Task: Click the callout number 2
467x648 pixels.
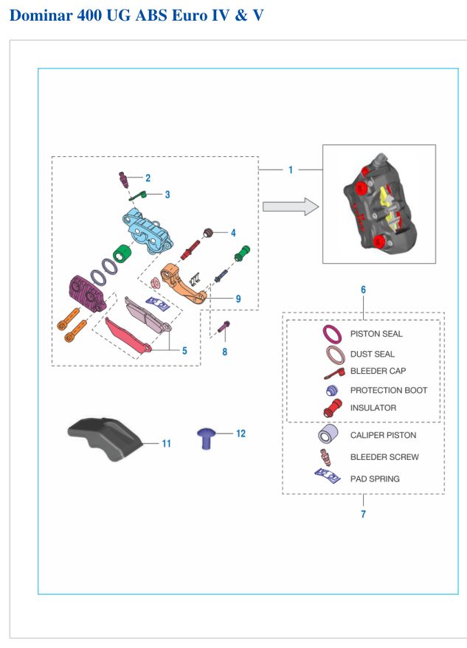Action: pos(148,178)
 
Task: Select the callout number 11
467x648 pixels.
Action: pos(166,444)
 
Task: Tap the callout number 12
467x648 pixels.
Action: pos(241,433)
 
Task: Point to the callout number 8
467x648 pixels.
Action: pos(224,352)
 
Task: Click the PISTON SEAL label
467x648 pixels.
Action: pos(376,334)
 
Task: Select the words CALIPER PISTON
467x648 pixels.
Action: pos(383,435)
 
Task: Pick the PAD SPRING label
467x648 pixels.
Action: pos(375,479)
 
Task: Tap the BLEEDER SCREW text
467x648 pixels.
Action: pos(384,457)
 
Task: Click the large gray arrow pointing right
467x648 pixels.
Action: pos(291,206)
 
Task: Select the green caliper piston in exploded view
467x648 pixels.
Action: pos(122,254)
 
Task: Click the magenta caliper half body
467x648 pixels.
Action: pos(86,293)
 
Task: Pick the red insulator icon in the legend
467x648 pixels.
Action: pos(333,408)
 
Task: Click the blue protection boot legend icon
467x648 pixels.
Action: pos(332,390)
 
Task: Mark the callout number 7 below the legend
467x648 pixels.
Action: pos(363,514)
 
